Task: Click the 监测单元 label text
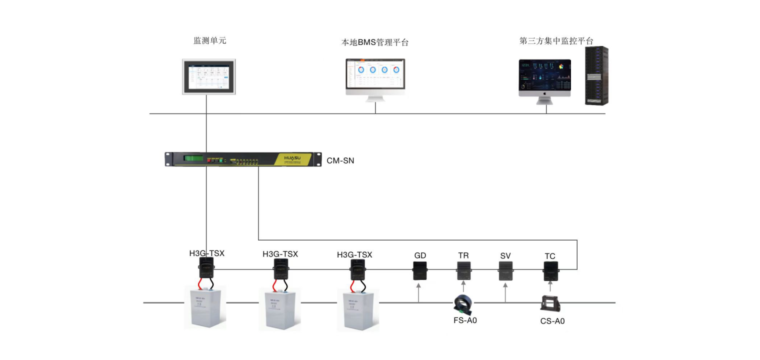[210, 41]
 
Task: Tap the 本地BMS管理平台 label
[375, 42]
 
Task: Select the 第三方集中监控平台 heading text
[556, 41]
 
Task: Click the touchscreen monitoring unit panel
[208, 76]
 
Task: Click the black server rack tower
[596, 75]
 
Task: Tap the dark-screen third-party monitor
[544, 77]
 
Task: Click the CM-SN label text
[340, 160]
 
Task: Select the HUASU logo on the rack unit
[294, 157]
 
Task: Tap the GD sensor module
[419, 270]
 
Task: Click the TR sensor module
[463, 270]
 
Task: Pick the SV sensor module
[505, 270]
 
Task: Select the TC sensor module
[550, 270]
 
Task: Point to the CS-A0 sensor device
[550, 303]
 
